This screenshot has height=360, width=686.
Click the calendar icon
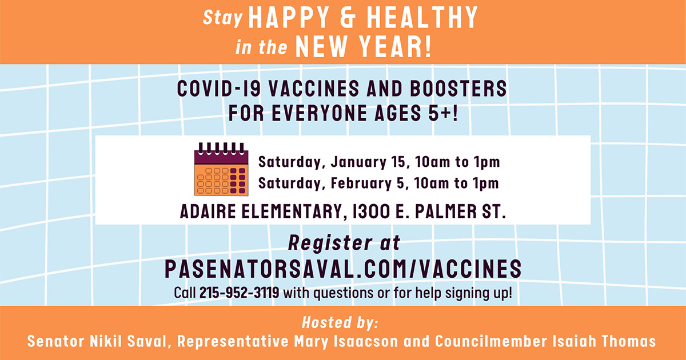(221, 169)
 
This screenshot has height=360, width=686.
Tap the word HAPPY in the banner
(289, 18)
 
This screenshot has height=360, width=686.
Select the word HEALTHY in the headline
(422, 18)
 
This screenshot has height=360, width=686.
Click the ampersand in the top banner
(348, 18)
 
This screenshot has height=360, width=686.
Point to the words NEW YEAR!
(364, 47)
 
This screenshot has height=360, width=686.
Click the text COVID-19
(219, 89)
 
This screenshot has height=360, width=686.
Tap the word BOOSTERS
(458, 89)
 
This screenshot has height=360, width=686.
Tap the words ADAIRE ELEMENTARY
(261, 211)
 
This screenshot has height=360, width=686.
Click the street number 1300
(371, 211)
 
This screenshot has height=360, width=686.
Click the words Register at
(344, 243)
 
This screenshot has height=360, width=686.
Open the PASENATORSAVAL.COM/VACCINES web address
(343, 269)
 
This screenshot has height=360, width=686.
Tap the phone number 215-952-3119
(239, 293)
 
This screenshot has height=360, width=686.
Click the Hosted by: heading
(340, 323)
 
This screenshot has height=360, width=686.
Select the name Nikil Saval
(128, 341)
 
